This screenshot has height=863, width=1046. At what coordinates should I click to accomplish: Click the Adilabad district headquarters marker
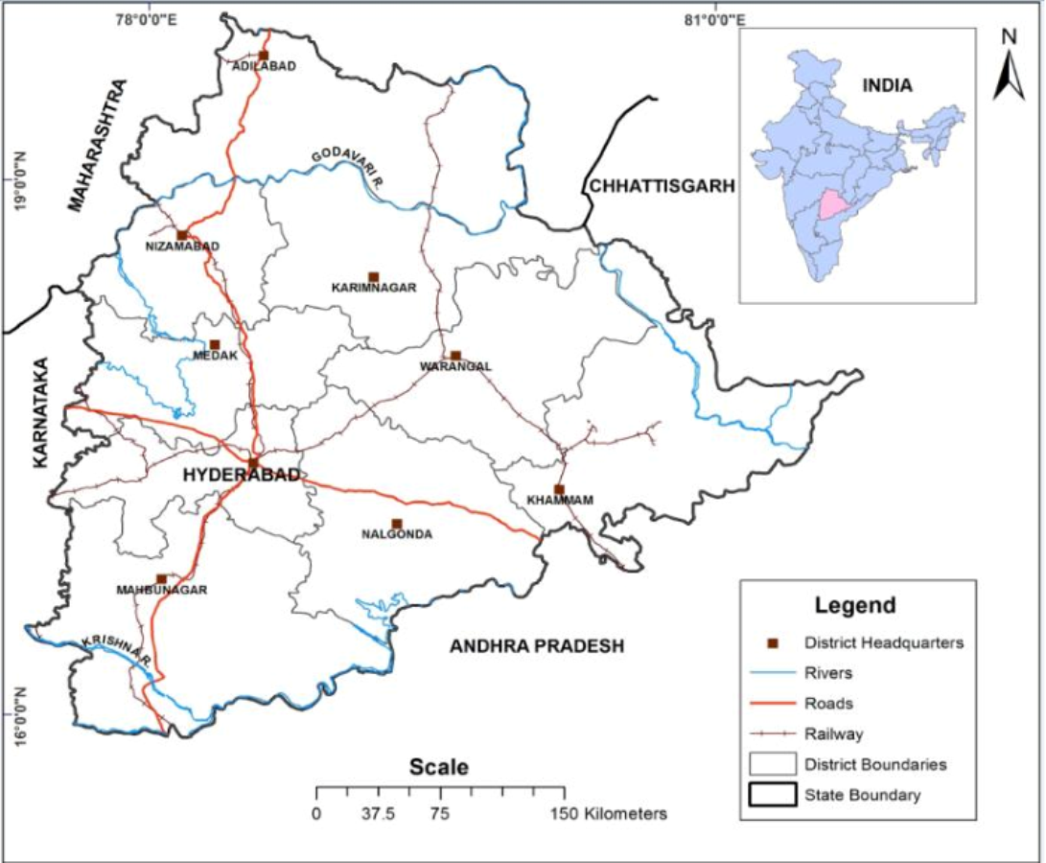click(x=263, y=56)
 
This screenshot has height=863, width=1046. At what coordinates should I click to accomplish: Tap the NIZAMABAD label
click(x=183, y=246)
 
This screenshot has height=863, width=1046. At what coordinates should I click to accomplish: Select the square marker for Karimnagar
click(x=374, y=277)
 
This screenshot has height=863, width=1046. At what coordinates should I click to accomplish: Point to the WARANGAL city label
click(x=455, y=366)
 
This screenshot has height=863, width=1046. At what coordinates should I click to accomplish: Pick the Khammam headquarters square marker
click(x=559, y=490)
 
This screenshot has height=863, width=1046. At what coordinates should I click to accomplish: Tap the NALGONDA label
click(x=397, y=534)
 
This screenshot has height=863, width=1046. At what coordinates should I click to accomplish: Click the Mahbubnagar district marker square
click(x=161, y=579)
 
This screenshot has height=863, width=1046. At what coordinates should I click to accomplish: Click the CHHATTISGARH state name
click(x=662, y=186)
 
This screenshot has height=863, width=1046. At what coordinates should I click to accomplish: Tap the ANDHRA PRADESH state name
click(x=537, y=646)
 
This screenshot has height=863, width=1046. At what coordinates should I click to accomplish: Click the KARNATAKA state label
click(x=40, y=411)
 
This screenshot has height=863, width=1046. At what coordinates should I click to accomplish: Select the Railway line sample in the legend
click(x=771, y=735)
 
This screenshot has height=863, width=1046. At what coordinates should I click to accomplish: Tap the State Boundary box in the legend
click(x=771, y=795)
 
